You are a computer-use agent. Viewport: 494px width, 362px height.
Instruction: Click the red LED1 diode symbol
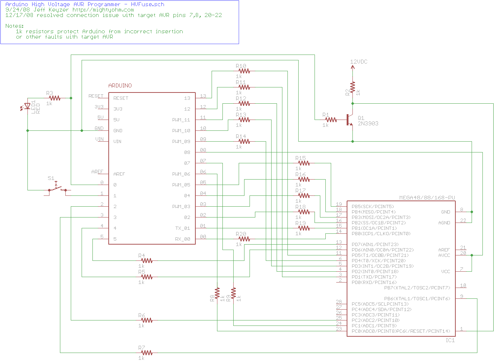click(27, 106)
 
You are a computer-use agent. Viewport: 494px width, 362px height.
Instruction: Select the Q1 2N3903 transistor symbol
click(350, 120)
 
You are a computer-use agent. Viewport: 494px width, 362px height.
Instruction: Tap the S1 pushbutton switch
click(57, 188)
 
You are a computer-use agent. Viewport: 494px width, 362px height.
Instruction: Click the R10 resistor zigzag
click(244, 71)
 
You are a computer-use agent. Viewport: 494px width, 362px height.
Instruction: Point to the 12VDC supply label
click(359, 62)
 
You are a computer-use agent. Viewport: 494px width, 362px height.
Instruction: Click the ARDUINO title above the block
click(120, 86)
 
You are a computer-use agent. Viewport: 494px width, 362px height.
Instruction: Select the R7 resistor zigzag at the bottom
click(147, 353)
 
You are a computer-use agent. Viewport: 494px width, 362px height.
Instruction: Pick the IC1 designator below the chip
click(450, 340)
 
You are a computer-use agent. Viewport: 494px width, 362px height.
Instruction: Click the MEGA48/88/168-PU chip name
click(427, 198)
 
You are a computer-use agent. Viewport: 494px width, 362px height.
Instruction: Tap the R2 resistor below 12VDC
click(353, 87)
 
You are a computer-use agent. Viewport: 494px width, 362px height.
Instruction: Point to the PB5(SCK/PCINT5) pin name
click(373, 207)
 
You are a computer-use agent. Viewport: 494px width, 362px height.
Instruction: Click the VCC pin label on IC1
click(446, 272)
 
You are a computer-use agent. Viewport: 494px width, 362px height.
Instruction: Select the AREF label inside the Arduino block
click(119, 174)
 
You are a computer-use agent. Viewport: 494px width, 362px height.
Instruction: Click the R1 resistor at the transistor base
click(331, 120)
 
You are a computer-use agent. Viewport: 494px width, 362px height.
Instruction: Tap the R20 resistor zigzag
click(244, 239)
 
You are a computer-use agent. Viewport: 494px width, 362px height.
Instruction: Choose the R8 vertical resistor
click(217, 293)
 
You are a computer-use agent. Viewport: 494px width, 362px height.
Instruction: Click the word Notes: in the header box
click(14, 26)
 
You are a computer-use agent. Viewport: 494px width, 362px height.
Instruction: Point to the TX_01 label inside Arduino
click(183, 228)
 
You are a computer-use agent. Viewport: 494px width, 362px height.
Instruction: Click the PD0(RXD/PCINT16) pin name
click(374, 283)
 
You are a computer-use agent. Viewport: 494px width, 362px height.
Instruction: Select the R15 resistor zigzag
click(304, 163)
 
